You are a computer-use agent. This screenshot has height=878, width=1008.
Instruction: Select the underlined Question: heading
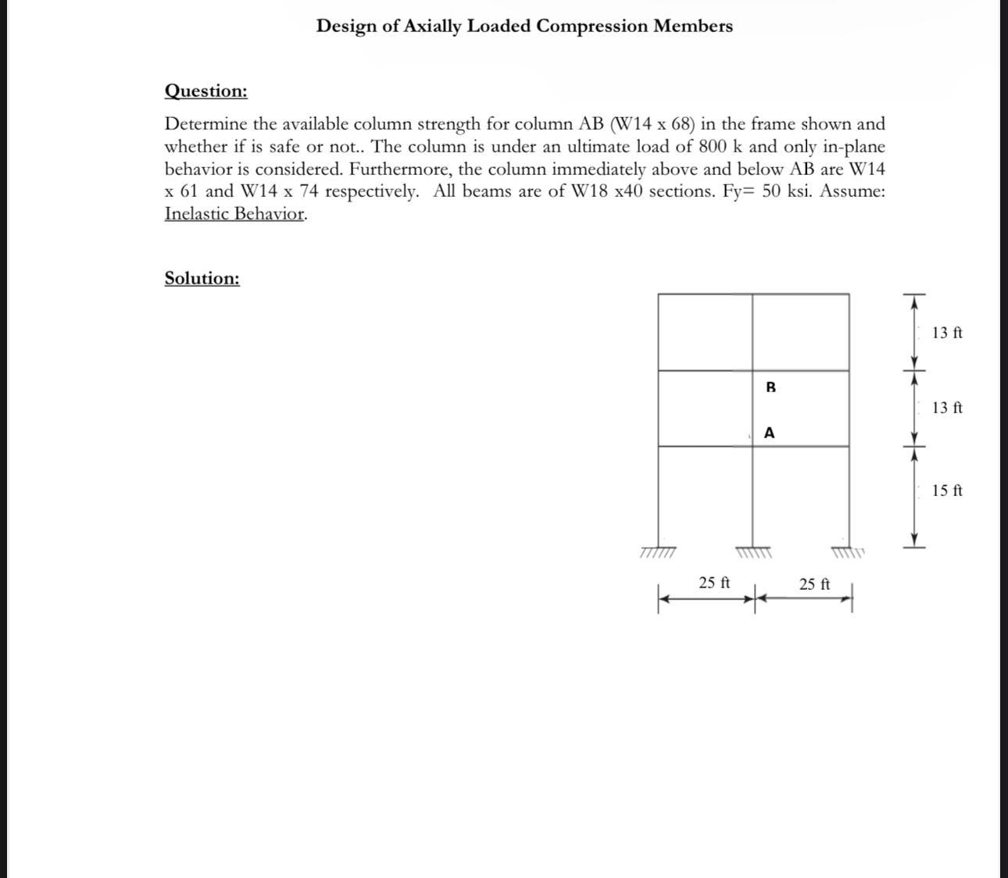tap(206, 91)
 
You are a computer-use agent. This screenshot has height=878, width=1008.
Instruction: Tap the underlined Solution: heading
tap(202, 279)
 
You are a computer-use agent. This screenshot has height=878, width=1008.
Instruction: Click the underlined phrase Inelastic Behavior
tap(234, 214)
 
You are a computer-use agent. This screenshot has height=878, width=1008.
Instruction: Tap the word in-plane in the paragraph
tap(853, 147)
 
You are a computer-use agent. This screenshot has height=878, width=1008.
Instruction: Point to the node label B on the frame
tap(770, 387)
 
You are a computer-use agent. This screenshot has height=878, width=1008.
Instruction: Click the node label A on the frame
tap(770, 433)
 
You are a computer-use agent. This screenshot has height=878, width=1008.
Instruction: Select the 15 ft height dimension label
tap(947, 491)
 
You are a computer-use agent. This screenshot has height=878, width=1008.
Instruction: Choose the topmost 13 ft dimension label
tap(947, 333)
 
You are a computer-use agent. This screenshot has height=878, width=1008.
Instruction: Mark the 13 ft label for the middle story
tap(947, 408)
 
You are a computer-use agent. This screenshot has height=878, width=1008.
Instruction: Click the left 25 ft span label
tap(714, 583)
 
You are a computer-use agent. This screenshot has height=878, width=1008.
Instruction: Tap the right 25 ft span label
tap(814, 584)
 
